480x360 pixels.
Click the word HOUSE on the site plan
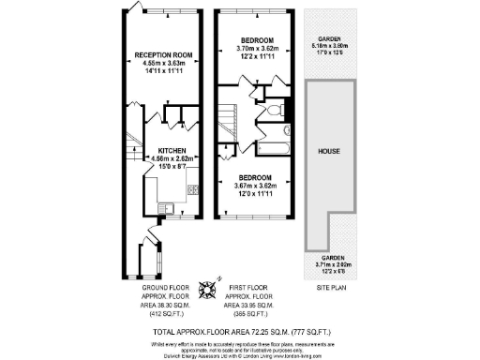coord(328,150)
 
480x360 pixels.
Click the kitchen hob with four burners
coord(192,190)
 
